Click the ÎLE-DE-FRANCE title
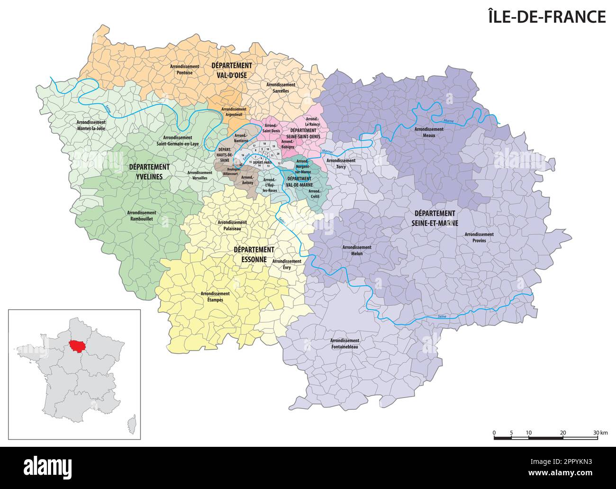tap(547, 17)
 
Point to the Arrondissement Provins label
tap(479, 237)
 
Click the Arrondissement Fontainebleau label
tap(344, 344)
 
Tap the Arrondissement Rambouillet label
tap(142, 216)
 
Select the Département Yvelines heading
tap(149, 172)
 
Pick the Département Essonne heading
tap(254, 254)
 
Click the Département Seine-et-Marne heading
tap(434, 218)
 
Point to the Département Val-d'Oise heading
tap(232, 70)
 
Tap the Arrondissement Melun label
tap(357, 250)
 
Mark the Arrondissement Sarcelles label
tap(281, 88)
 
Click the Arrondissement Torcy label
tap(341, 163)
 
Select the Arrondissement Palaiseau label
tap(232, 225)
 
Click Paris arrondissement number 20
tap(278, 154)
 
